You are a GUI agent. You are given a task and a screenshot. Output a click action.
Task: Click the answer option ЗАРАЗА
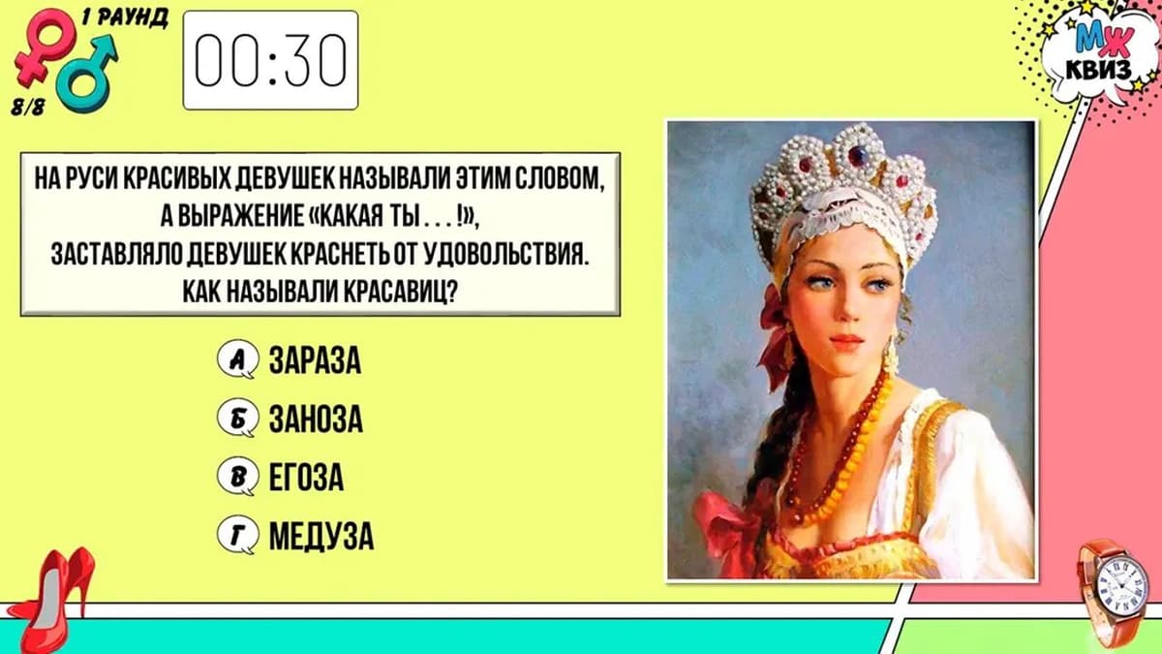(315, 360)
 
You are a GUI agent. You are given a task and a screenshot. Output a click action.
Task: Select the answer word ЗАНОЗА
(316, 419)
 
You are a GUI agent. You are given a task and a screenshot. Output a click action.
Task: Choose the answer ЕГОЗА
(306, 477)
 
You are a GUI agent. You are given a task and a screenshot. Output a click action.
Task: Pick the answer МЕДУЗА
(321, 535)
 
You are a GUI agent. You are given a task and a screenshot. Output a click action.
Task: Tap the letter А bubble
(237, 359)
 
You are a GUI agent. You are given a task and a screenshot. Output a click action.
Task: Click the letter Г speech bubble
(237, 535)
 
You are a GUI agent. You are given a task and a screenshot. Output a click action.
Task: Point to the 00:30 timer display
(270, 60)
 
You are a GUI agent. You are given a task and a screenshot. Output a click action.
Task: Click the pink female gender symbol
(45, 47)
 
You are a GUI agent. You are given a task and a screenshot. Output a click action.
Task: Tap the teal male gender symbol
(86, 74)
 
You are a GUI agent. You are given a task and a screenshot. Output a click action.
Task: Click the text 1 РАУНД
(125, 19)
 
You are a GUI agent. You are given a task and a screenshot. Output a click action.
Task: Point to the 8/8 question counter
(28, 107)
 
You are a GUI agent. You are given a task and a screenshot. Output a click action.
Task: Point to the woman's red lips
(845, 340)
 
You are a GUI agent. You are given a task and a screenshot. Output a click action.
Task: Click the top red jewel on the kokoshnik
(857, 154)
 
